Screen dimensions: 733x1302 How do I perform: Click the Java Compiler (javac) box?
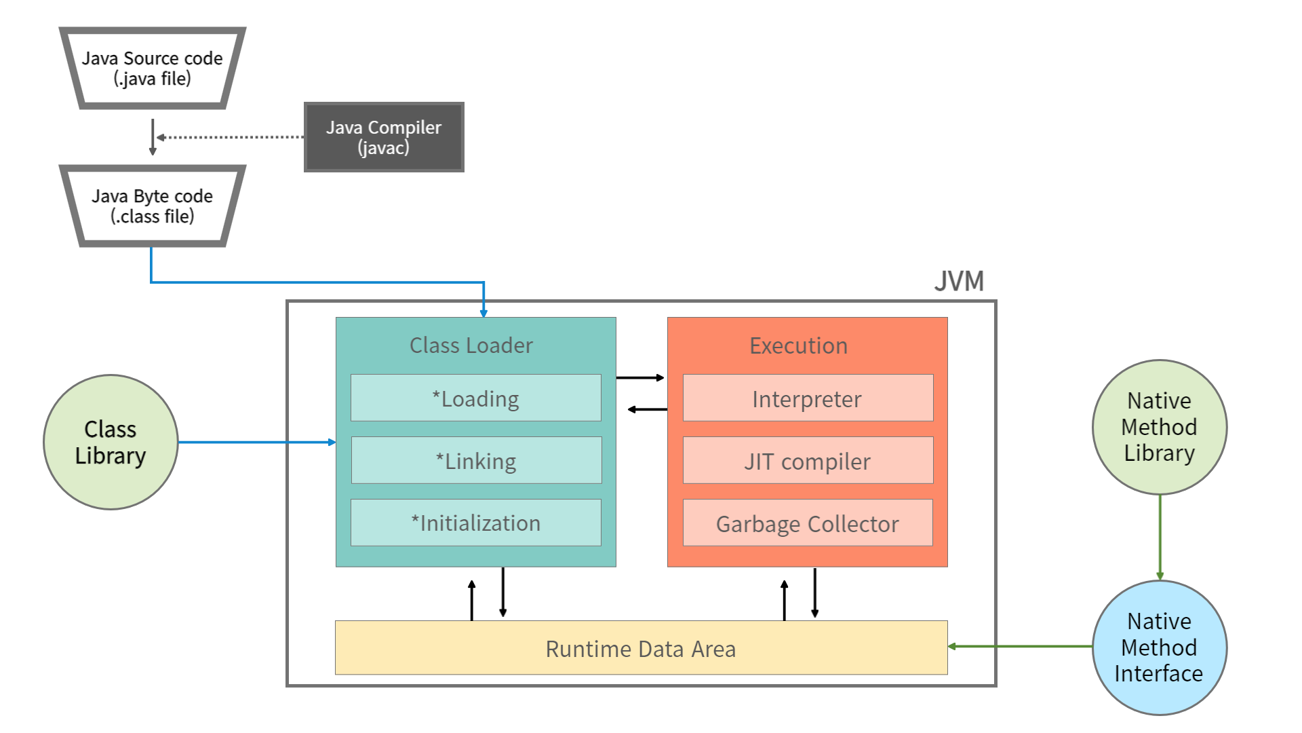(384, 137)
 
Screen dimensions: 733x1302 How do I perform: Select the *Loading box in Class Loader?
(476, 398)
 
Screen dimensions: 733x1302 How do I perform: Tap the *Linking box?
(476, 461)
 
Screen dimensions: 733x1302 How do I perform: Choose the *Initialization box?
(476, 523)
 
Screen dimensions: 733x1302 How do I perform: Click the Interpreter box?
(808, 398)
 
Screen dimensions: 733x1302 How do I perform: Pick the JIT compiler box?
(808, 461)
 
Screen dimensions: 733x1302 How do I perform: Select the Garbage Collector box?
(808, 523)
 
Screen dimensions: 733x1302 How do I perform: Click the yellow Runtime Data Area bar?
(641, 648)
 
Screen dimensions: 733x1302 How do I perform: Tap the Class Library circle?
(111, 442)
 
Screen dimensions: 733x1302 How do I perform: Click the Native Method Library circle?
(1160, 427)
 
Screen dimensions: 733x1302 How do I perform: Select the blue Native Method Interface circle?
(1160, 647)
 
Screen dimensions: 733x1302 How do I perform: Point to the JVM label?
(959, 281)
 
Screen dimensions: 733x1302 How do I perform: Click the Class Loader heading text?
(471, 345)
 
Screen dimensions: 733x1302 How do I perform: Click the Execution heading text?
(798, 346)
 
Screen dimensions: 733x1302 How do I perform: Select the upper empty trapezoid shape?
(153, 68)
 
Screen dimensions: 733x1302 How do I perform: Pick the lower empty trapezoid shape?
(153, 206)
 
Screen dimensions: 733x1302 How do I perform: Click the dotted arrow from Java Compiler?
(231, 137)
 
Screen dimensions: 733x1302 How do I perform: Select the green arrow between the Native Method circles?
(1160, 536)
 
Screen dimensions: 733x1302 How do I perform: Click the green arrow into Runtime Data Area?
(1020, 647)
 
